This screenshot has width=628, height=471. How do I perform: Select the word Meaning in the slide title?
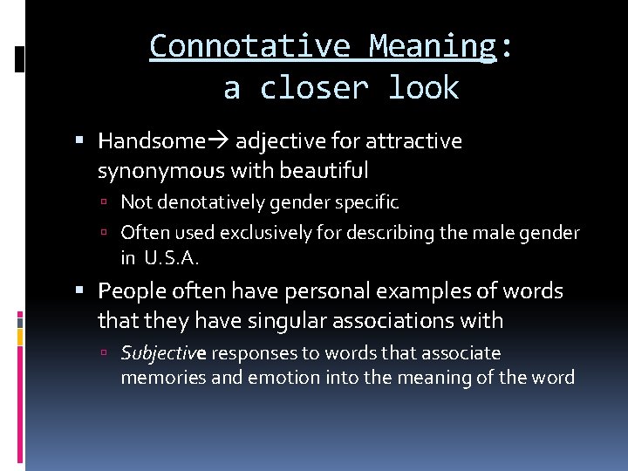point(432,45)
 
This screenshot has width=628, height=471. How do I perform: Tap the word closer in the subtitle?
point(317,88)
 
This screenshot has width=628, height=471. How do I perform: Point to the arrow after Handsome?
point(217,141)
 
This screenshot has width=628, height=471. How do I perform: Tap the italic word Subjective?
point(163,353)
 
